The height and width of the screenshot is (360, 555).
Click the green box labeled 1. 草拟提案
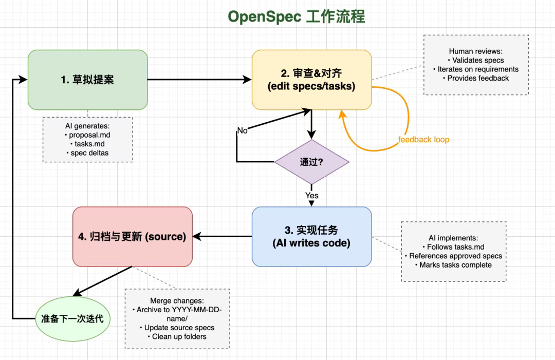coord(88,80)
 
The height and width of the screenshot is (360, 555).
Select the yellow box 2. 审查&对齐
coord(312,80)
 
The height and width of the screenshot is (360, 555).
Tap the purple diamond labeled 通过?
coord(312,162)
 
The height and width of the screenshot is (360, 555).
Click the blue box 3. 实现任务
coord(312,237)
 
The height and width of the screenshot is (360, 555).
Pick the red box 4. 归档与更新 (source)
coord(133,237)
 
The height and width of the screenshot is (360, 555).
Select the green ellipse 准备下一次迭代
coord(73,318)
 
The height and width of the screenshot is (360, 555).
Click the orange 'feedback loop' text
coord(423,140)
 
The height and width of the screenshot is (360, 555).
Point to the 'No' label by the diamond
coord(242,130)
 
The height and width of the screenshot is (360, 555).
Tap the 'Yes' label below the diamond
coord(312,196)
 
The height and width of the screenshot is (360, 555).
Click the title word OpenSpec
coord(264,16)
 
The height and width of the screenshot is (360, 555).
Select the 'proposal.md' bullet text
coord(89,135)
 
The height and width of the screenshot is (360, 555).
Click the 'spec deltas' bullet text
coord(89,153)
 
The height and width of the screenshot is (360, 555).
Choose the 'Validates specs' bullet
coord(478,61)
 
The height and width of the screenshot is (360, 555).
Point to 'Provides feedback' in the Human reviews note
coord(478,78)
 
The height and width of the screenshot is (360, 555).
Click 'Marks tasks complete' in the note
coord(455,265)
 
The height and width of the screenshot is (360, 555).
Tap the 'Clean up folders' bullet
coord(179,337)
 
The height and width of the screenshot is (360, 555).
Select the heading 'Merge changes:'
coord(177,300)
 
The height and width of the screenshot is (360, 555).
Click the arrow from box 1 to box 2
coord(199,80)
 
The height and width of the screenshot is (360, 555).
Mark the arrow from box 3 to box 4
coord(223,237)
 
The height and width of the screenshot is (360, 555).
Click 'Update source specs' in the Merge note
coord(179,328)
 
